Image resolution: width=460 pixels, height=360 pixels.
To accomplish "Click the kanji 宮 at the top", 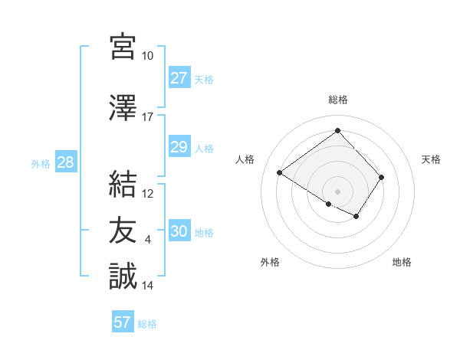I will tap(123, 47).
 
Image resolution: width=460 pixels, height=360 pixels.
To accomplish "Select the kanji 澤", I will tap(123, 108).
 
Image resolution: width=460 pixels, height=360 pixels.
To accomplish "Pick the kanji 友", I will tap(123, 230).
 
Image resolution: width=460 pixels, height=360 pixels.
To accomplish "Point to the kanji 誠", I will tap(123, 276).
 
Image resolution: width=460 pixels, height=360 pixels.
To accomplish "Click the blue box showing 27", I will tap(179, 78).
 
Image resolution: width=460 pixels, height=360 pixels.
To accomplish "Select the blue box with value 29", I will tap(179, 147).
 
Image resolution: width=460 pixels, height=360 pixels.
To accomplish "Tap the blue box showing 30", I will tap(179, 231).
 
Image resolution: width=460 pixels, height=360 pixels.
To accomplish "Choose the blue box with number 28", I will tap(65, 162).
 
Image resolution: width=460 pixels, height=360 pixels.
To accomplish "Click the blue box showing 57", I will tap(122, 322).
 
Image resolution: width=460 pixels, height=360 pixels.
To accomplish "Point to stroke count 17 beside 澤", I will tap(147, 117).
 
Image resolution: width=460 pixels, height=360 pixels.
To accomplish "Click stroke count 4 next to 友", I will tap(147, 240).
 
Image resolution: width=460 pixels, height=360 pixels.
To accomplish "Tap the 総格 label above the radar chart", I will tap(337, 100).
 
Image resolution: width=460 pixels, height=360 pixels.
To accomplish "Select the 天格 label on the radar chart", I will tap(431, 159).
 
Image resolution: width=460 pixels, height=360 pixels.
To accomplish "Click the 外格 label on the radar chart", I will tap(269, 262).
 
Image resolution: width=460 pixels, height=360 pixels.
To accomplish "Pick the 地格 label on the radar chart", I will tap(402, 262).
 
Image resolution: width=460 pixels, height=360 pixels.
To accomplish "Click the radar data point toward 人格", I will tap(280, 173).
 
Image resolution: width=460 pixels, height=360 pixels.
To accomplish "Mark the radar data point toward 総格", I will tap(337, 130).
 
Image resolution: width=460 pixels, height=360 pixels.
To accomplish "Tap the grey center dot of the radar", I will tap(337, 191).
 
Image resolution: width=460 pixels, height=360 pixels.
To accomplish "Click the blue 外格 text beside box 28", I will tap(40, 163).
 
